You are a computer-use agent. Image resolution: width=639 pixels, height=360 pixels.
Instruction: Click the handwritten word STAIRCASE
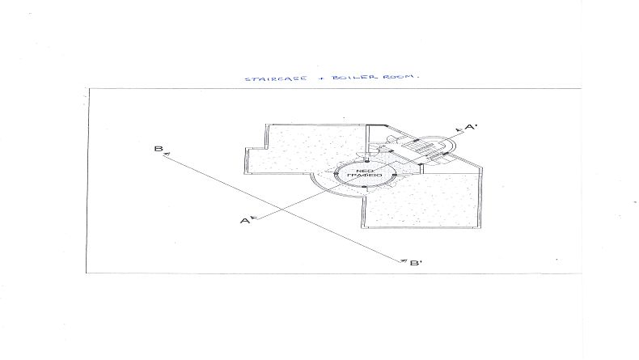coord(276,78)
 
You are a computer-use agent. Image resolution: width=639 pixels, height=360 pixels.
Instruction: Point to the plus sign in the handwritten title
coord(320,78)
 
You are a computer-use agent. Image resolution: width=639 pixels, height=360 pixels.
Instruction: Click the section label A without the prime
coord(244,221)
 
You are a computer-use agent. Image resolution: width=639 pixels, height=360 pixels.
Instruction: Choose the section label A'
coord(471,127)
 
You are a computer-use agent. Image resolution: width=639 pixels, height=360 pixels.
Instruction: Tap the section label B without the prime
coord(158,148)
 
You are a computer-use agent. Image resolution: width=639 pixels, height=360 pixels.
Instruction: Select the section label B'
coord(416,263)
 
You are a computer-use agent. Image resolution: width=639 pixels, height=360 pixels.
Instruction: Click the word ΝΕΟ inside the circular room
coord(364,171)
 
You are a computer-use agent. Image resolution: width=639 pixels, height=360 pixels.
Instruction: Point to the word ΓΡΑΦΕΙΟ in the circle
coord(364,176)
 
